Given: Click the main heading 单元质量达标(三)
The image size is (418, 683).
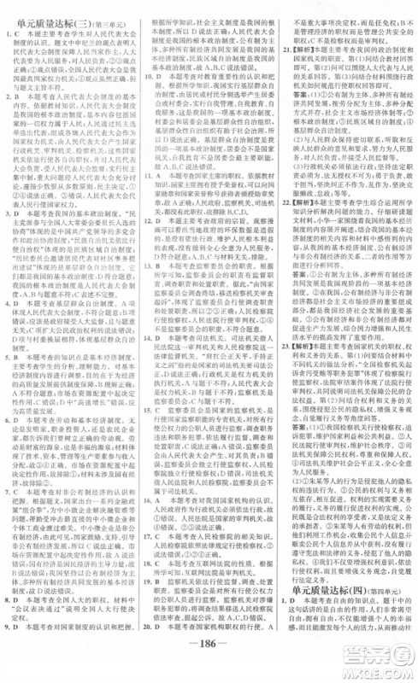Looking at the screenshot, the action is click(51, 10).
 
